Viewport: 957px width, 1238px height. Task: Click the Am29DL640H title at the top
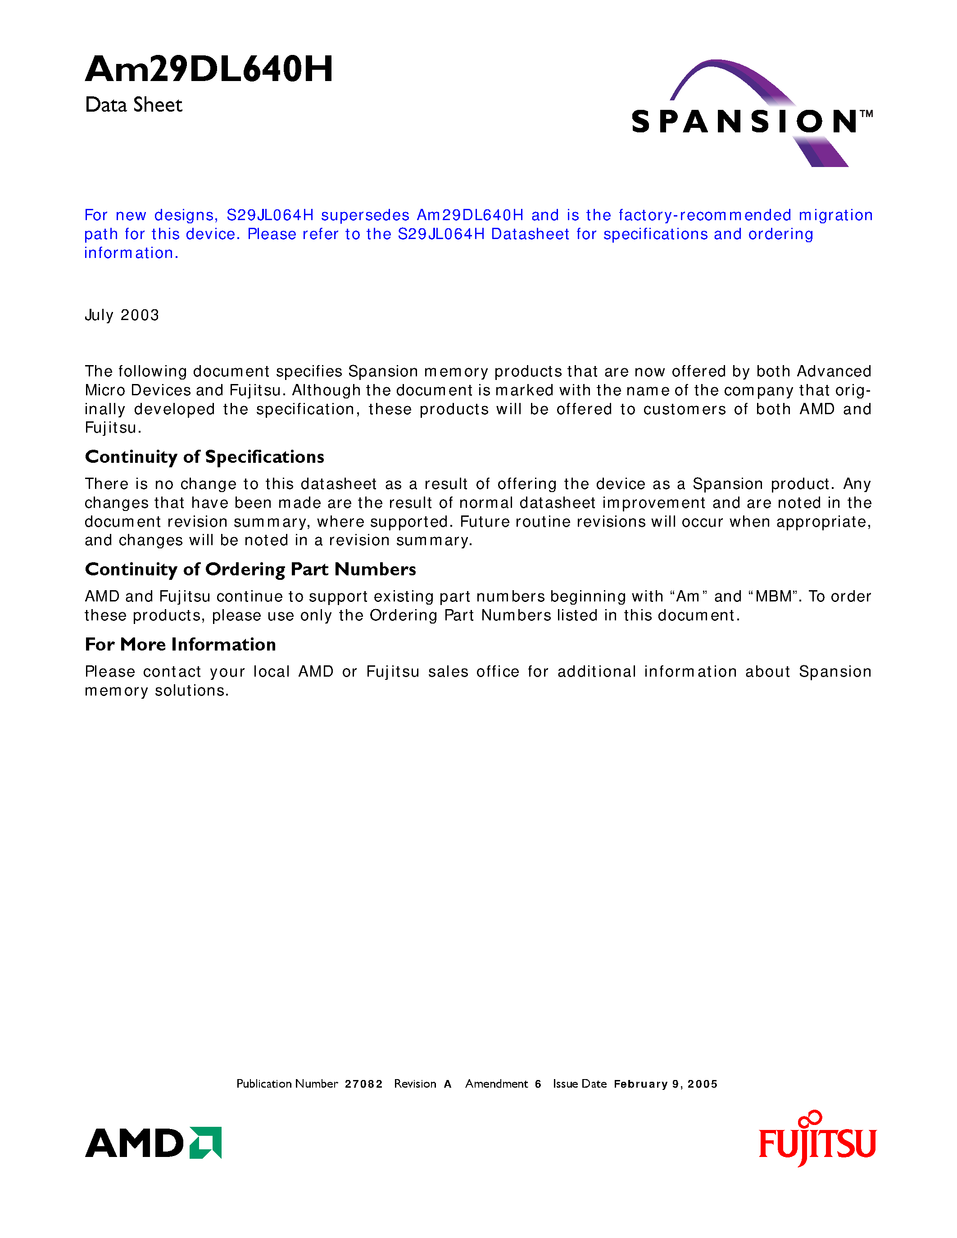(x=209, y=70)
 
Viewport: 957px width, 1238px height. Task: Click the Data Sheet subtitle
(x=133, y=105)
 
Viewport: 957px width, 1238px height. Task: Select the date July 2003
(x=122, y=315)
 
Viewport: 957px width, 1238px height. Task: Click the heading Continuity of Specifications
(x=204, y=457)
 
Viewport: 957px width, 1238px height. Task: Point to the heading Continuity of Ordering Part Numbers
(x=250, y=569)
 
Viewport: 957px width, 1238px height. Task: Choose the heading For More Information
(x=180, y=645)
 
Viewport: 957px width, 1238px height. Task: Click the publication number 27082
(x=363, y=1084)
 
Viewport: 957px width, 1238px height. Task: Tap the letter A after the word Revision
(x=447, y=1084)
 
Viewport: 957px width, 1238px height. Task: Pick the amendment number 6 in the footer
(x=537, y=1084)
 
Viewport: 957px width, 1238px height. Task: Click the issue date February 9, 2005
(x=666, y=1084)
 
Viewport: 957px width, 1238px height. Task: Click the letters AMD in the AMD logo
(x=134, y=1143)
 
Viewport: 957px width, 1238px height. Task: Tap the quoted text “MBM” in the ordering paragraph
(x=773, y=596)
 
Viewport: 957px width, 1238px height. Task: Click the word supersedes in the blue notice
(x=365, y=215)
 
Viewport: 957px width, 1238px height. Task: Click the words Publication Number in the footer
(x=287, y=1084)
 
